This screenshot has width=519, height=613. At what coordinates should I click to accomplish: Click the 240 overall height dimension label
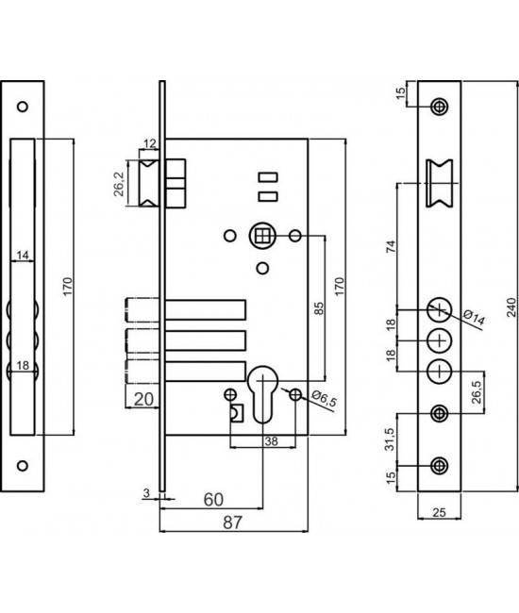[511, 306]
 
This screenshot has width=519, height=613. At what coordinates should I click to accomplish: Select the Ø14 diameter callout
[474, 317]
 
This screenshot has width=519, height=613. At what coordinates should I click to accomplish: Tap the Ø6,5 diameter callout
[324, 399]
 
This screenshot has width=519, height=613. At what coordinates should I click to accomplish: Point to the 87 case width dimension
[233, 522]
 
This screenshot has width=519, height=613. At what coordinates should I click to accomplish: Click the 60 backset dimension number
[213, 500]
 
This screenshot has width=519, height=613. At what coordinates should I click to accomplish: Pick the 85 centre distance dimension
[320, 308]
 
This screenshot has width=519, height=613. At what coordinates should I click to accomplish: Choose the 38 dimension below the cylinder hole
[271, 441]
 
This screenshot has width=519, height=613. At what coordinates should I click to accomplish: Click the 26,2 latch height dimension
[120, 184]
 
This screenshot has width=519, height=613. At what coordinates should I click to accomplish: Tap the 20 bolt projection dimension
[143, 400]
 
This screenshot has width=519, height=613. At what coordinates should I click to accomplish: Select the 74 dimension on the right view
[391, 246]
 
